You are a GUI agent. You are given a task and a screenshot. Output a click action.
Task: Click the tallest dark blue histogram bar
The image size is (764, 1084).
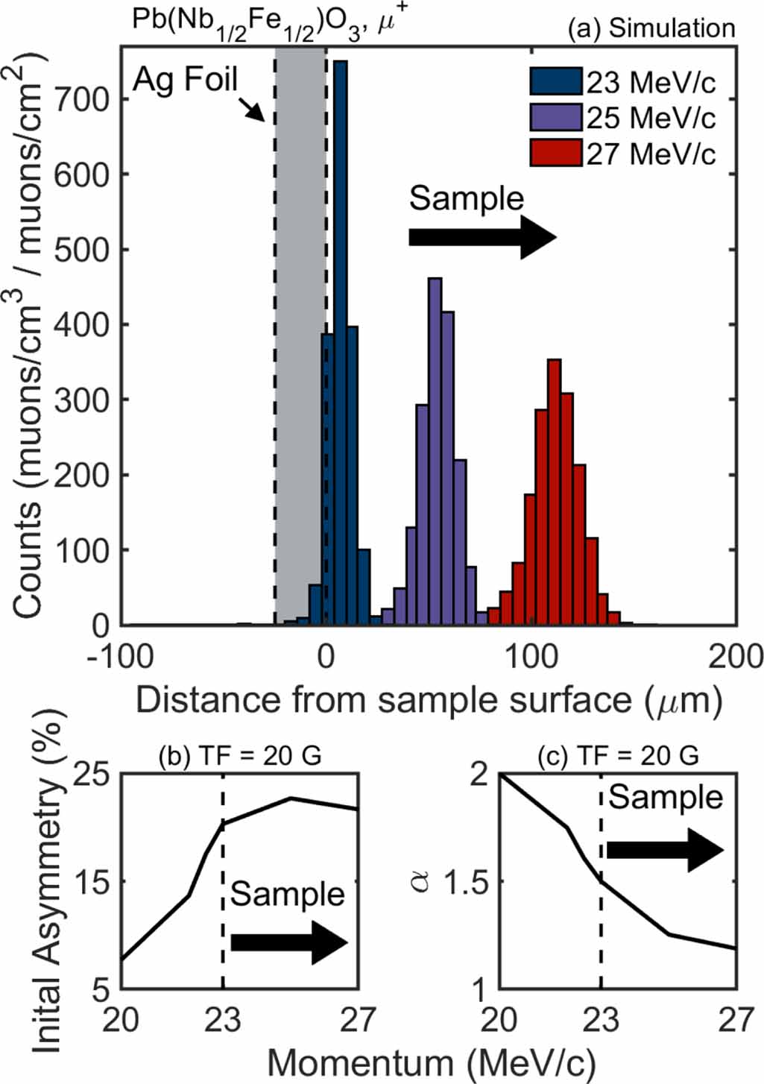tap(341, 343)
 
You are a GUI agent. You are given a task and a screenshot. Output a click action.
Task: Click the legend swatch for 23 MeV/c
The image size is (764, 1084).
tap(555, 81)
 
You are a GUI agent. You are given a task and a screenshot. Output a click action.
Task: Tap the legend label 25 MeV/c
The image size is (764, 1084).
tap(651, 118)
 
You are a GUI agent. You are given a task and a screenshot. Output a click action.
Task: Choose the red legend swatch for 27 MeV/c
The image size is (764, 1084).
tap(555, 154)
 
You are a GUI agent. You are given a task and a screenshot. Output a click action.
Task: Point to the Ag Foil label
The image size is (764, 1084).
tap(185, 79)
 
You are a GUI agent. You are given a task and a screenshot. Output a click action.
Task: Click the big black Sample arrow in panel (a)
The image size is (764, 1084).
tap(482, 237)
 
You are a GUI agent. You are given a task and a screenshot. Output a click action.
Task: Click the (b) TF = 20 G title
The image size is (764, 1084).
tap(240, 755)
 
